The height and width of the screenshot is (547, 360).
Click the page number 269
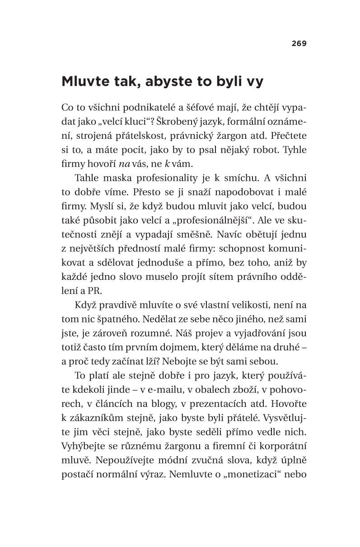pyautogui.click(x=299, y=44)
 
